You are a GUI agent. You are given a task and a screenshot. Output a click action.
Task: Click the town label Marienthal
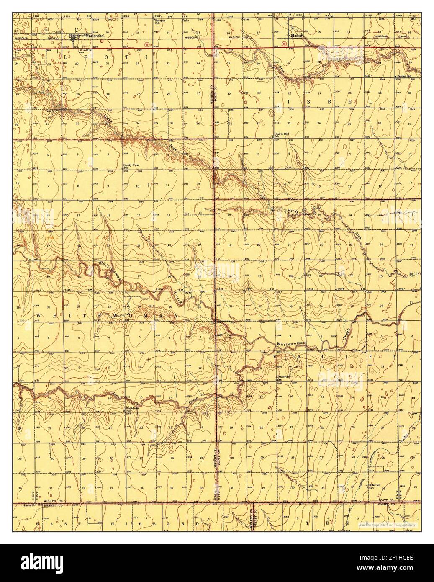tap(94, 36)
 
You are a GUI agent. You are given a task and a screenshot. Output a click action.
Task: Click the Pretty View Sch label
tap(131, 166)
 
